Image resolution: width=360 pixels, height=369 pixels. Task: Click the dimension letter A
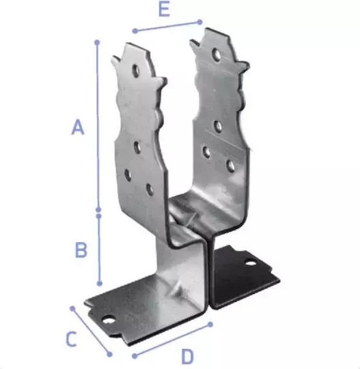coord(78,127)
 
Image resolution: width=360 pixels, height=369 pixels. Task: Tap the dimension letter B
coord(81,249)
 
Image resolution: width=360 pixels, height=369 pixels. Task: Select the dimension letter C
coord(71,339)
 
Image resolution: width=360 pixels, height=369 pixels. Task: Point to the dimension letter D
coord(187,356)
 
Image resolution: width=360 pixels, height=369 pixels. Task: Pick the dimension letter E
coord(164,10)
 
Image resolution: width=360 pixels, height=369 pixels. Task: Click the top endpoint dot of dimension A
coord(97,42)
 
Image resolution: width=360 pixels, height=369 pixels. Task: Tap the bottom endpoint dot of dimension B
coord(100,284)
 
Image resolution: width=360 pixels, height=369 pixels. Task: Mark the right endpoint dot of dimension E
coord(199,22)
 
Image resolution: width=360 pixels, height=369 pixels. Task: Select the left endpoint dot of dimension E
coord(135,31)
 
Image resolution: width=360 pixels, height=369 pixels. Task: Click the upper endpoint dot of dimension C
coord(72,308)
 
